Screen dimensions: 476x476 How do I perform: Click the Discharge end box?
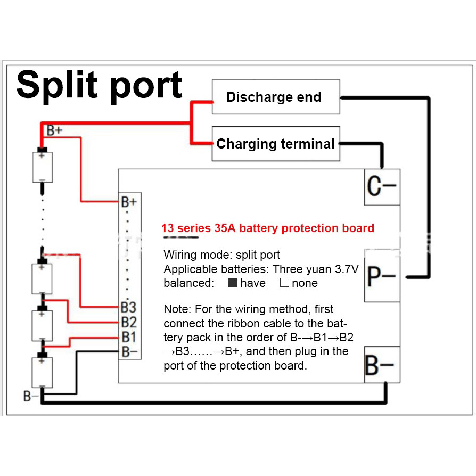(275, 97)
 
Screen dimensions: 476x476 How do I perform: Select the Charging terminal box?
(275, 144)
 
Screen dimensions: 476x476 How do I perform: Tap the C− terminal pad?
(382, 187)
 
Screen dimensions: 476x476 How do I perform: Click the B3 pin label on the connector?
(128, 308)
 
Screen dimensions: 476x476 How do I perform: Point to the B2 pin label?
(128, 322)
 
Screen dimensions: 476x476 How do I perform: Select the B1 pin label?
(128, 337)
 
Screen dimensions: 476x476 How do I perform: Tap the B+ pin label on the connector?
(129, 202)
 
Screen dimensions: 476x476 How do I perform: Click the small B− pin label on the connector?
(128, 351)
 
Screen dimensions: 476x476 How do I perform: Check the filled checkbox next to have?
(233, 283)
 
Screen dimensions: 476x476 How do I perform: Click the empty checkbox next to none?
(284, 283)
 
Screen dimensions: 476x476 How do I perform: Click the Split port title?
(100, 86)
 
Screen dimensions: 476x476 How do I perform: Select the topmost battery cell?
(42, 167)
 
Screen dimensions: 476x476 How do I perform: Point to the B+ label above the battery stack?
(55, 130)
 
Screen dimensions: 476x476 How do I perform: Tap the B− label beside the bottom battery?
(31, 396)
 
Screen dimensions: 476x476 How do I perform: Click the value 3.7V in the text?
(347, 269)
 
